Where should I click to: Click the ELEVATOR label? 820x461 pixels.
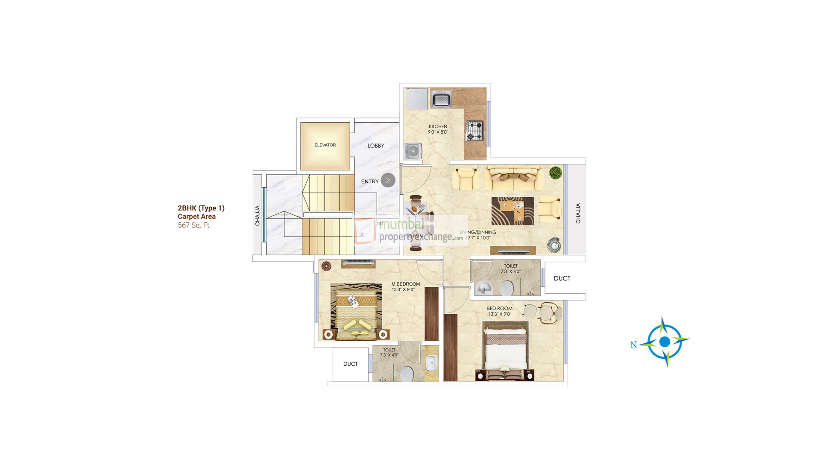[325, 145]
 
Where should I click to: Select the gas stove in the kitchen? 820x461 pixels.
[474, 131]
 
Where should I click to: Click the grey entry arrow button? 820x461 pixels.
[388, 180]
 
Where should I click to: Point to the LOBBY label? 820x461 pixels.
[376, 146]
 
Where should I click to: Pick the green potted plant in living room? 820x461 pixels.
[555, 172]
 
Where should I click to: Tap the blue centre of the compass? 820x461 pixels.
[664, 341]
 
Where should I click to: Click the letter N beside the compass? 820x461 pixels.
[633, 345]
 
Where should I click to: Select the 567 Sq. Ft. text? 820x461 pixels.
[194, 225]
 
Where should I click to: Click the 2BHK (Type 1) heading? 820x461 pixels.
[201, 208]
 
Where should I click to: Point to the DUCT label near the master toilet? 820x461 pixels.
[350, 364]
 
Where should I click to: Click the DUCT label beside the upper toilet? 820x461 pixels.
[562, 278]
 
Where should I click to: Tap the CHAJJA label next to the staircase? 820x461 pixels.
[258, 216]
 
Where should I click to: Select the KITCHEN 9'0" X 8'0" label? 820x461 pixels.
[438, 129]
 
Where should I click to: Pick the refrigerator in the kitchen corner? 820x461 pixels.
[416, 99]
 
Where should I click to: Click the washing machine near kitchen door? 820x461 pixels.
[413, 151]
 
